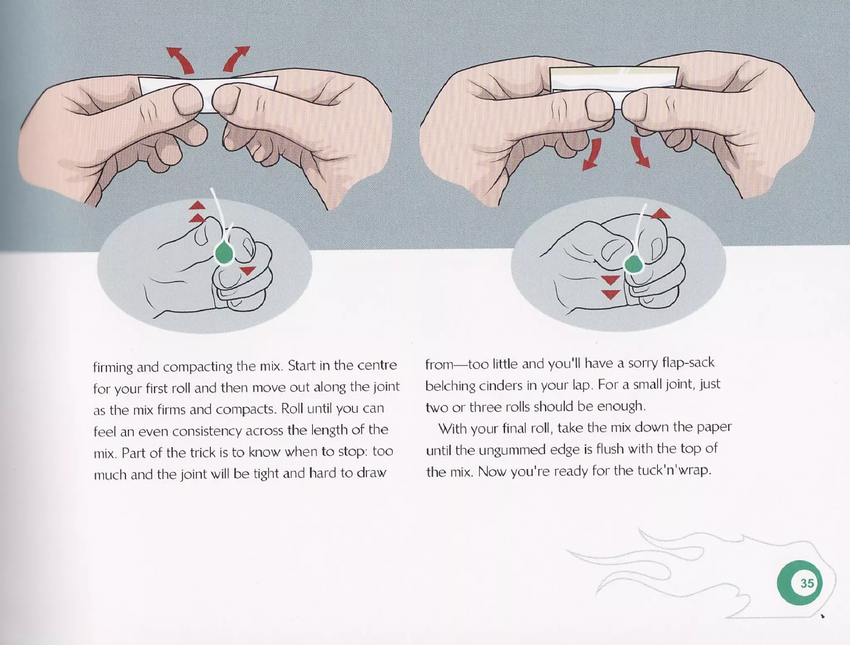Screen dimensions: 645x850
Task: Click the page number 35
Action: tap(806, 583)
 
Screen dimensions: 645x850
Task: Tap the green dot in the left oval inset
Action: tap(225, 253)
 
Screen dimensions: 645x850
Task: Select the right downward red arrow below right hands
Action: tap(640, 153)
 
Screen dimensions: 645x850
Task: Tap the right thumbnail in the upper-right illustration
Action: tap(635, 105)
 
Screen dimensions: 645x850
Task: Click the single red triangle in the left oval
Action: tap(248, 271)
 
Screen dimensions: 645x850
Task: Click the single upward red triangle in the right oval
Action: tap(661, 214)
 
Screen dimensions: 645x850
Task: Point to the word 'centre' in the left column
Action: tap(377, 365)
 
